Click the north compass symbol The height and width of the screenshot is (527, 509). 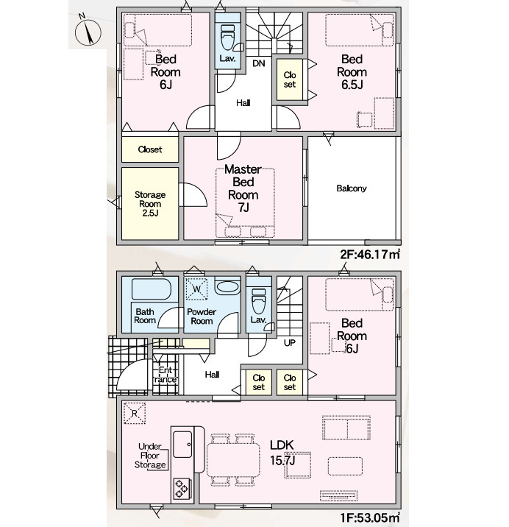pos(88,31)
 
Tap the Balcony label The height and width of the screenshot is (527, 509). pos(352,188)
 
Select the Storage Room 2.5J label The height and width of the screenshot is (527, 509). pos(150,204)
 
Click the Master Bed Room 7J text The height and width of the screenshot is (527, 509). pos(243,188)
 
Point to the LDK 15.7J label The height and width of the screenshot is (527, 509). pos(282,453)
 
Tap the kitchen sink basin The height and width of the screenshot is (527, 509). pos(182,445)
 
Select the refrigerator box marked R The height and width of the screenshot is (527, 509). pos(135,413)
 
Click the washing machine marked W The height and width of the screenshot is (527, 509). pos(196,289)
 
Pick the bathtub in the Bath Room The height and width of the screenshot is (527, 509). pos(152,289)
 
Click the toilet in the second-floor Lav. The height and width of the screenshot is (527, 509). pos(227,37)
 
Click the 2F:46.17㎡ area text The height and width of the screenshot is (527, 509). pos(370,254)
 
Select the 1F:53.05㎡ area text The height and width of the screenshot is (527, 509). pos(370,517)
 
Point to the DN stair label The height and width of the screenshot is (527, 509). pos(259,63)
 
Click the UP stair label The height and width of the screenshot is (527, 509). pos(290,343)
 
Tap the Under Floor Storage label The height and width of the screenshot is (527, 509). pos(150,456)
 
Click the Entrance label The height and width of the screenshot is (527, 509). pos(165,375)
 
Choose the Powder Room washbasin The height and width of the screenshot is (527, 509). pos(227,287)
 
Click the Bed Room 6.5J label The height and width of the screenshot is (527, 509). pos(352,71)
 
